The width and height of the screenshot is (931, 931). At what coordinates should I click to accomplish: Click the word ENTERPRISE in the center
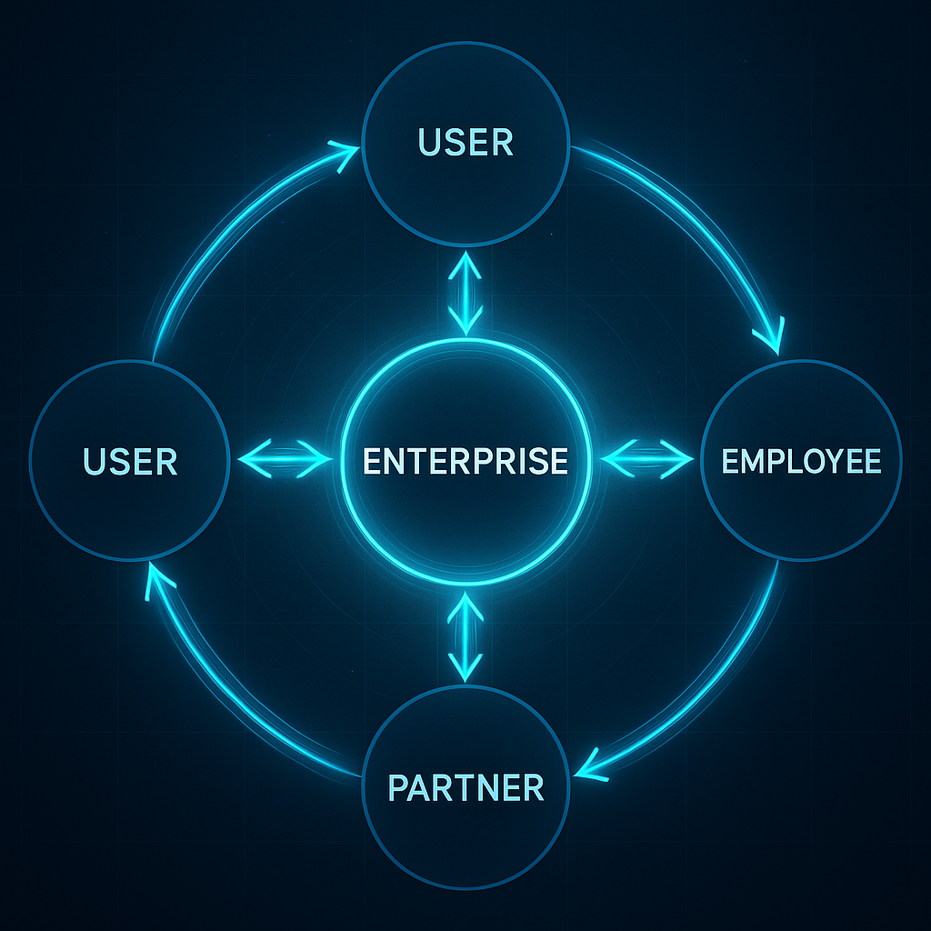(465, 461)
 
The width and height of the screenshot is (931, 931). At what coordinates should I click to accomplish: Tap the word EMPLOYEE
(801, 461)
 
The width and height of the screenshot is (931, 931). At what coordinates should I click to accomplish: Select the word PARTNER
(465, 786)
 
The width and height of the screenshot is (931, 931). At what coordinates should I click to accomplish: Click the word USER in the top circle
(465, 143)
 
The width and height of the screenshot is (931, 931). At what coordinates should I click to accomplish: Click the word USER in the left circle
(130, 461)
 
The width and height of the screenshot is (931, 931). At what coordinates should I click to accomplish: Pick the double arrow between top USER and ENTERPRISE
(466, 293)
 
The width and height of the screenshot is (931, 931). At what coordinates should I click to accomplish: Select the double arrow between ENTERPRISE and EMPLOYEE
(646, 458)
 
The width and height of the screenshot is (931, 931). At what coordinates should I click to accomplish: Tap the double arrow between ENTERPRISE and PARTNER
(465, 636)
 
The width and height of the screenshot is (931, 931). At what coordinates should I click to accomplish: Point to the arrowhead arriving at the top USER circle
(343, 156)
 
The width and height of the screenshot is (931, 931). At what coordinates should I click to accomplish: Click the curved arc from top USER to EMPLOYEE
(691, 218)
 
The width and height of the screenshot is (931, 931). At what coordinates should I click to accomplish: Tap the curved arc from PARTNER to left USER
(227, 700)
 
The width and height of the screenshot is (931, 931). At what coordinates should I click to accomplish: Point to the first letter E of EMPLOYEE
(730, 461)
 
